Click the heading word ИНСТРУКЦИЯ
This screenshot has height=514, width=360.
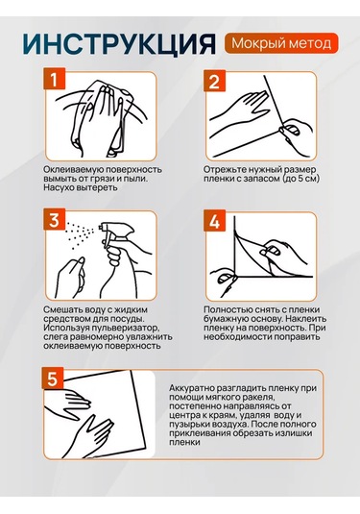120,43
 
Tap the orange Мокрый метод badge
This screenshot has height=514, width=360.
281,43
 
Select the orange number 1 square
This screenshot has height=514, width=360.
55,79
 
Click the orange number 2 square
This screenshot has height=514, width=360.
214,81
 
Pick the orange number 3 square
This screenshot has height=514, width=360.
55,219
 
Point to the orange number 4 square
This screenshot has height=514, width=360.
214,221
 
